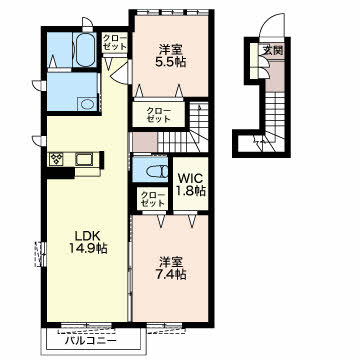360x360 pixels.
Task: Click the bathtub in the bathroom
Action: [84, 49]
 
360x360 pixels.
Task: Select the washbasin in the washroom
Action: [87, 104]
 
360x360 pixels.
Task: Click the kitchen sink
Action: [84, 159]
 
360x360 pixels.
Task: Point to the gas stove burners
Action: [56, 159]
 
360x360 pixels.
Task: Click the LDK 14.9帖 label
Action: [87, 241]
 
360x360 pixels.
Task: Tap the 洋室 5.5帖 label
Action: [170, 56]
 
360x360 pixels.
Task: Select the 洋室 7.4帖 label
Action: [170, 267]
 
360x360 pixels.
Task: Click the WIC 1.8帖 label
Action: [191, 183]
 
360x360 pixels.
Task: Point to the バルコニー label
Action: [91, 341]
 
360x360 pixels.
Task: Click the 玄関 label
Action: [273, 51]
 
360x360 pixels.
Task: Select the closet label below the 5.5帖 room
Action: [158, 114]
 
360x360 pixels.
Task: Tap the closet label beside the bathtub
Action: [114, 42]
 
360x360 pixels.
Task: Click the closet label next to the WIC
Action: [152, 199]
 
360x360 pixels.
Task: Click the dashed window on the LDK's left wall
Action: [39, 254]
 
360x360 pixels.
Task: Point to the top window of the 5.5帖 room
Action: [173, 12]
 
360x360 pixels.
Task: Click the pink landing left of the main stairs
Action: [145, 142]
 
